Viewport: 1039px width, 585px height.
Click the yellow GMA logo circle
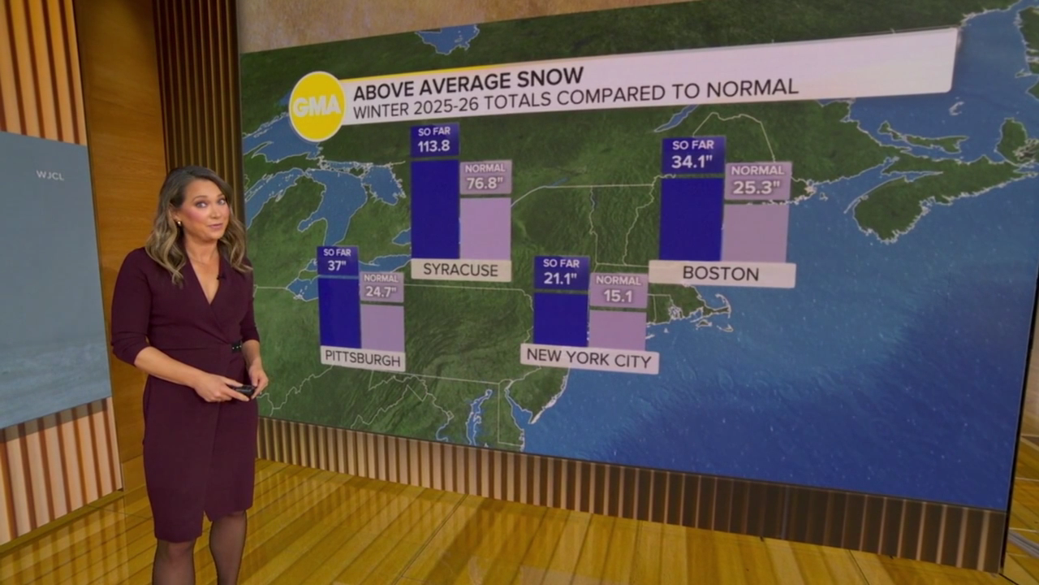tap(317, 106)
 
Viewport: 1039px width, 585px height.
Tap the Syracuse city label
tap(460, 270)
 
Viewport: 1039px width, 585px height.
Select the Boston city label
tap(721, 273)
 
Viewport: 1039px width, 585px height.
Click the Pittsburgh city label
tap(363, 357)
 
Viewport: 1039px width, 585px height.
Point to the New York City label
tap(589, 357)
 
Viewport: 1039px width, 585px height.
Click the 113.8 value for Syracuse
tap(434, 146)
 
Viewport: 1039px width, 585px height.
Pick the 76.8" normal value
tap(485, 184)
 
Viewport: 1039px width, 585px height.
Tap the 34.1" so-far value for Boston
tap(692, 161)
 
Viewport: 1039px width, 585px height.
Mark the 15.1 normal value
tap(618, 297)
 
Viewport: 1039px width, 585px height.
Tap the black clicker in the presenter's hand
tap(243, 390)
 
